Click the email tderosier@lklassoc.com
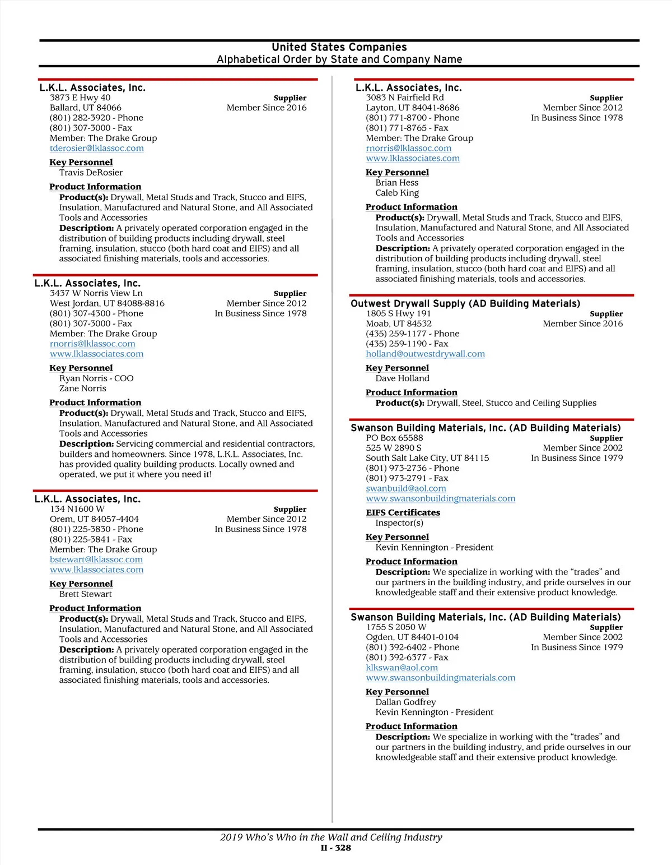tap(96, 148)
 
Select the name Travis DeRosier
tap(91, 173)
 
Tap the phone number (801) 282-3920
tap(83, 118)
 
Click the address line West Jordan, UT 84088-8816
tap(107, 303)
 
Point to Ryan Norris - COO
tap(96, 378)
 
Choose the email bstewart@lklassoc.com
tap(96, 559)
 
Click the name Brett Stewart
tap(85, 594)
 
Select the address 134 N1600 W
tap(77, 509)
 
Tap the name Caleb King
tap(397, 193)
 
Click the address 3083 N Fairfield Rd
tap(405, 98)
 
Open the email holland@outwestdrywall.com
tap(425, 354)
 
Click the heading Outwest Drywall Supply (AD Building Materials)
tap(465, 303)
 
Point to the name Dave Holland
tap(402, 378)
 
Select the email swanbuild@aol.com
tap(405, 488)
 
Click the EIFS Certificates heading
tap(403, 512)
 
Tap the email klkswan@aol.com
tap(402, 668)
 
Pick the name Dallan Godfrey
tap(405, 702)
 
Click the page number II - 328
tap(336, 848)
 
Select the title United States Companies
tap(339, 47)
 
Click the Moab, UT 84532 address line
tap(399, 323)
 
